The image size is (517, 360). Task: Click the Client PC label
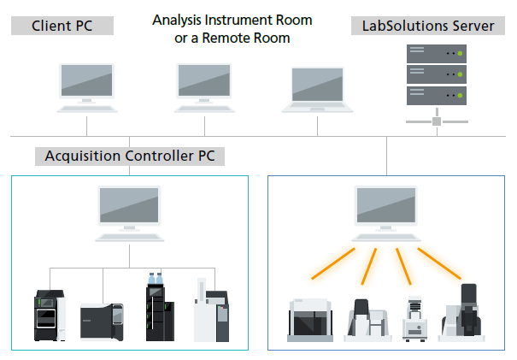(x=62, y=26)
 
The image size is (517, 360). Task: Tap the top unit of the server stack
(x=437, y=54)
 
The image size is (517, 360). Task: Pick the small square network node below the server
(x=437, y=122)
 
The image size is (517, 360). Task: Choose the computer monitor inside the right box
(x=385, y=205)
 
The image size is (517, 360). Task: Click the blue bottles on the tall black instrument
(x=156, y=279)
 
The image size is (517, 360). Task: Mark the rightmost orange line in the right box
(x=441, y=266)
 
